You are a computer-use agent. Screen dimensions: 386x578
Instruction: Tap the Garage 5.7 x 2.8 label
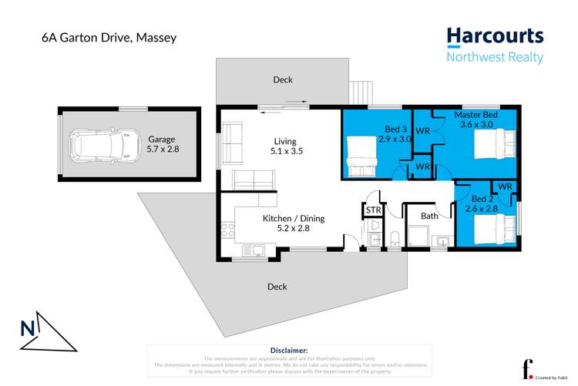click(x=163, y=144)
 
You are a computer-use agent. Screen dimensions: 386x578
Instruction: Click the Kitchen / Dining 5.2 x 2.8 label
click(x=294, y=223)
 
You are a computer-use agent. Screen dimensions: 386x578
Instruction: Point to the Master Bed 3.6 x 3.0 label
click(x=476, y=119)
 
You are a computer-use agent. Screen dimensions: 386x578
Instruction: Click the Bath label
click(x=429, y=216)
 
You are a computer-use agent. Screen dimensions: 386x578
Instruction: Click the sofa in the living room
click(x=252, y=180)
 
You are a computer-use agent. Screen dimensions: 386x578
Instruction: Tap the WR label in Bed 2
click(x=505, y=187)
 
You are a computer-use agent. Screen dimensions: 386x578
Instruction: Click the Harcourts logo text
click(x=495, y=35)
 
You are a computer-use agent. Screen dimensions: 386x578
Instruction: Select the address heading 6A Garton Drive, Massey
click(x=99, y=36)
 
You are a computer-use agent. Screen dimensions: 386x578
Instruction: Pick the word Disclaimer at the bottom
click(x=289, y=350)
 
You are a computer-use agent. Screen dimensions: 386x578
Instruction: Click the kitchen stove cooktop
click(x=227, y=228)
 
